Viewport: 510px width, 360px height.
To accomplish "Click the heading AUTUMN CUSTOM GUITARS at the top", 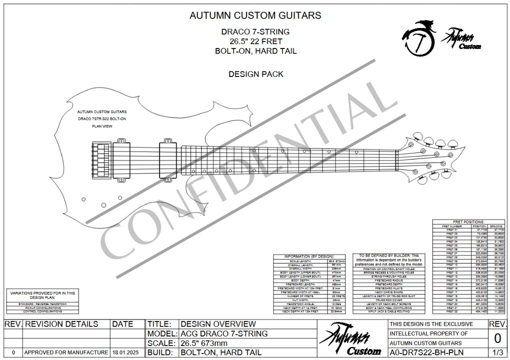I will pyautogui.click(x=255, y=15).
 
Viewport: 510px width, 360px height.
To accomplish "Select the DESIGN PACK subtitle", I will pyautogui.click(x=255, y=74).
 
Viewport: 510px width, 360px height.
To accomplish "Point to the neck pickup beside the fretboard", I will pyautogui.click(x=168, y=158).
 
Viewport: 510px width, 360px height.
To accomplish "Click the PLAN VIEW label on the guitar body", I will pyautogui.click(x=102, y=126).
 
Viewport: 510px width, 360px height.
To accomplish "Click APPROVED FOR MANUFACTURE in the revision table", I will pyautogui.click(x=66, y=352).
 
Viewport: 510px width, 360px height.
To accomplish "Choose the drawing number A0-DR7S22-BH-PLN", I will pyautogui.click(x=426, y=352).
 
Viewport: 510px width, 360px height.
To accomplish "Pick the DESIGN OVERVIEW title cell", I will pyautogui.click(x=218, y=324).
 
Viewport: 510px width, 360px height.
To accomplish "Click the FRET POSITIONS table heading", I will pyautogui.click(x=468, y=221).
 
